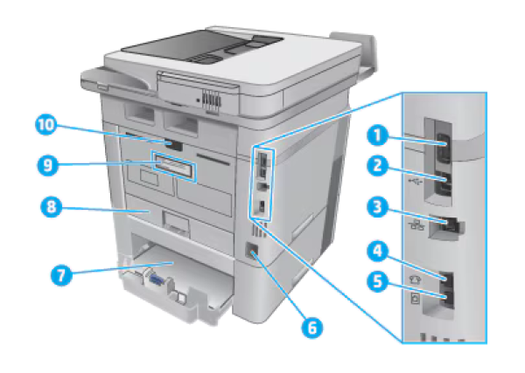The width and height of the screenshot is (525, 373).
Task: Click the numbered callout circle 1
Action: tap(377, 136)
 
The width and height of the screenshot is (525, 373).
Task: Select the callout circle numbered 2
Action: tap(377, 166)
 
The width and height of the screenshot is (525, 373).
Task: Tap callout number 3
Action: tap(377, 207)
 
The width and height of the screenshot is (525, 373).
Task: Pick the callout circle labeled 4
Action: tap(377, 252)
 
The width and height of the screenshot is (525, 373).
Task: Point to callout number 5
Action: tap(377, 282)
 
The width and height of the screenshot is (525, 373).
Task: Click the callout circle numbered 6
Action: tap(311, 328)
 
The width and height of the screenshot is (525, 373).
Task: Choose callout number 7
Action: tap(61, 276)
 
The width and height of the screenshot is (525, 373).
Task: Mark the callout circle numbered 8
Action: tap(51, 207)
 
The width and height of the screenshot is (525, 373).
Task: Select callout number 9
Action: tap(47, 165)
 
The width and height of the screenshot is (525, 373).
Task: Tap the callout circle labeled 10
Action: tap(46, 125)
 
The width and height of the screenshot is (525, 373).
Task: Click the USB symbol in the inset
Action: tap(416, 181)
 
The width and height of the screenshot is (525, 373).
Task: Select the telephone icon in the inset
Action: tap(416, 279)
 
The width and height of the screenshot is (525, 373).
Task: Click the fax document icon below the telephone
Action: tap(415, 298)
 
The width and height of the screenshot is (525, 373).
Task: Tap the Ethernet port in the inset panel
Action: tap(448, 225)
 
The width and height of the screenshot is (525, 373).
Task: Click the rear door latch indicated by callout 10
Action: tap(174, 145)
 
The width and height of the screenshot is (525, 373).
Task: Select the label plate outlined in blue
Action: tap(173, 166)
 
